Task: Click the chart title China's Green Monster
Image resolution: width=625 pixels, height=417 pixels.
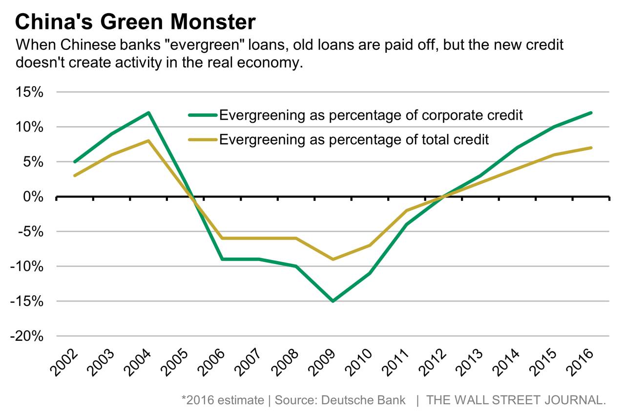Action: [136, 22]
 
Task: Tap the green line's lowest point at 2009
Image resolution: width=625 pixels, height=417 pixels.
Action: [333, 301]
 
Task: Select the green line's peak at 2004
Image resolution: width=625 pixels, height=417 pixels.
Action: [148, 113]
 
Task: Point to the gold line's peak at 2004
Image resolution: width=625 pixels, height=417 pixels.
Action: [148, 141]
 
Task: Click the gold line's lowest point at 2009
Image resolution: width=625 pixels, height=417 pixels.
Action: [333, 259]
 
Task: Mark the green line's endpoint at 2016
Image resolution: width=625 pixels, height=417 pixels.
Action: [591, 113]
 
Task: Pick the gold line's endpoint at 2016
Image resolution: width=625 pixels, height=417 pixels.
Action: [591, 148]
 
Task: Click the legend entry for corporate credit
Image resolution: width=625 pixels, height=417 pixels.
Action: [371, 115]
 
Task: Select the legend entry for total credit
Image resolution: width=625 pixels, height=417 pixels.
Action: [354, 140]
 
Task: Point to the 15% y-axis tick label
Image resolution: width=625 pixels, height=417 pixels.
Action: [30, 92]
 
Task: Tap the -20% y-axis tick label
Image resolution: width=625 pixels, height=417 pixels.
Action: [28, 336]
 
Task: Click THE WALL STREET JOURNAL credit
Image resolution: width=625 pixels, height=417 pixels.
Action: [516, 400]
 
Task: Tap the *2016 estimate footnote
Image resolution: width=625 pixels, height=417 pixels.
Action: [222, 400]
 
